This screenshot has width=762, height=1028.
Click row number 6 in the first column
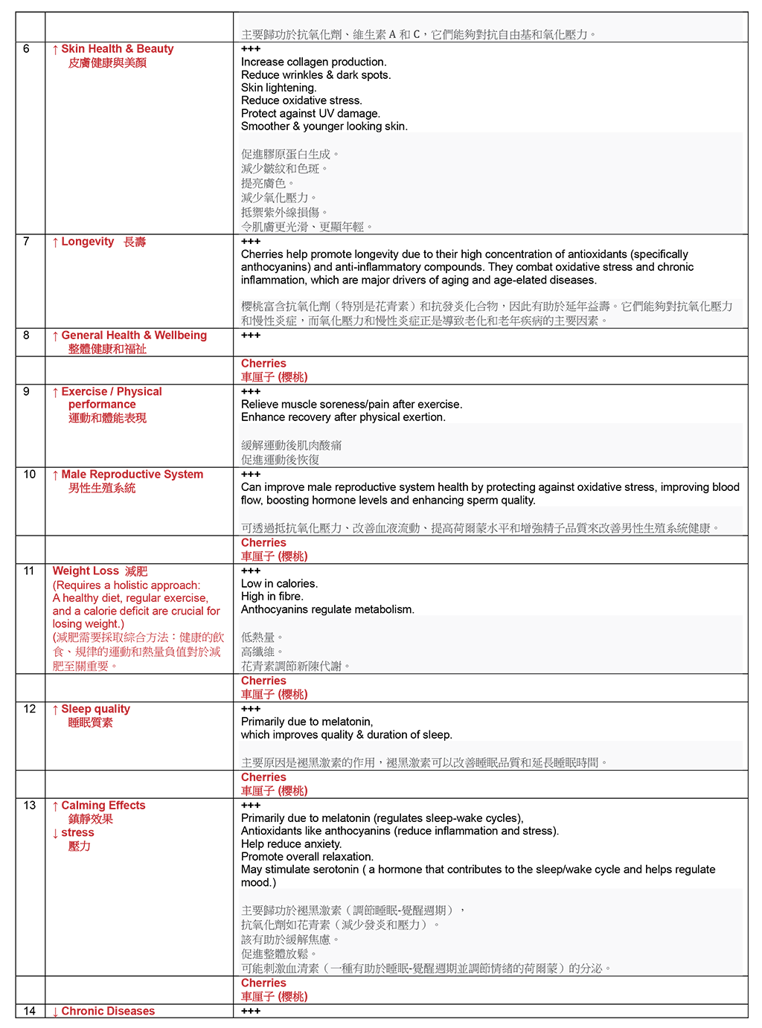coord(26,49)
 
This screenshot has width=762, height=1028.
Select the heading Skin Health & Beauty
coord(117,49)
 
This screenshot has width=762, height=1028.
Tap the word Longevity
coord(87,242)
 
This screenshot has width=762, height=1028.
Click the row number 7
coord(26,242)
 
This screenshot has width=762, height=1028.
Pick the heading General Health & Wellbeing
coord(134,335)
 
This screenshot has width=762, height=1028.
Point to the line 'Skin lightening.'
coord(278,88)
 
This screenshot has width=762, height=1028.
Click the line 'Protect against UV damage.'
coord(310,114)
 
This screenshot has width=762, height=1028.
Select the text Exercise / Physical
coord(112,392)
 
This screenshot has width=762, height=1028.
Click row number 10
coord(30,475)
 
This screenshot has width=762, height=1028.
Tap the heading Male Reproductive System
coord(132,475)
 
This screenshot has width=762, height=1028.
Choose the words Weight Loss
coord(86,571)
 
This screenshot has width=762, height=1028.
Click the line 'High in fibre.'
coord(272,597)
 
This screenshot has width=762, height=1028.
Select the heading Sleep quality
coord(95,709)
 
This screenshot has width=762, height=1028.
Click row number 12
coord(30,709)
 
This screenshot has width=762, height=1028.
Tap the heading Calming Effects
coord(103,806)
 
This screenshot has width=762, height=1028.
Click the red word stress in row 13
coord(77,833)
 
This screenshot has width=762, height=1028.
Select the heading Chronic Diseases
coord(108,1012)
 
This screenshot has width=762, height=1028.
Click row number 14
coord(30,1012)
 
